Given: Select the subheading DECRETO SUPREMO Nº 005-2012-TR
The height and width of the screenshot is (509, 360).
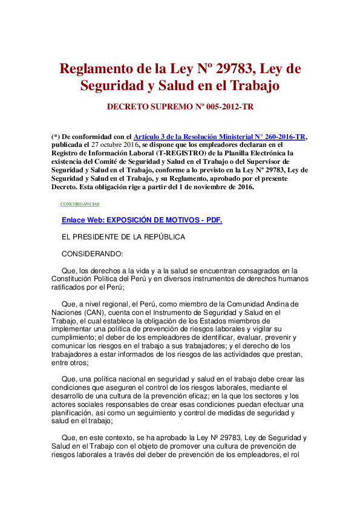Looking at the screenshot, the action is (x=180, y=106).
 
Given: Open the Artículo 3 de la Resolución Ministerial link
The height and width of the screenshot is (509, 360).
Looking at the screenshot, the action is (x=219, y=137).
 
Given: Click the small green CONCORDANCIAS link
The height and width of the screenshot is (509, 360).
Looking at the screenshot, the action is (x=80, y=204).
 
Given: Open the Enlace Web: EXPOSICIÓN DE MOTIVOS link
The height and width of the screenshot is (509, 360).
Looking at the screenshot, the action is (x=142, y=220).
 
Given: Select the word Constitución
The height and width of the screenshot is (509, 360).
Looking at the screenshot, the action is (x=79, y=279).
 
